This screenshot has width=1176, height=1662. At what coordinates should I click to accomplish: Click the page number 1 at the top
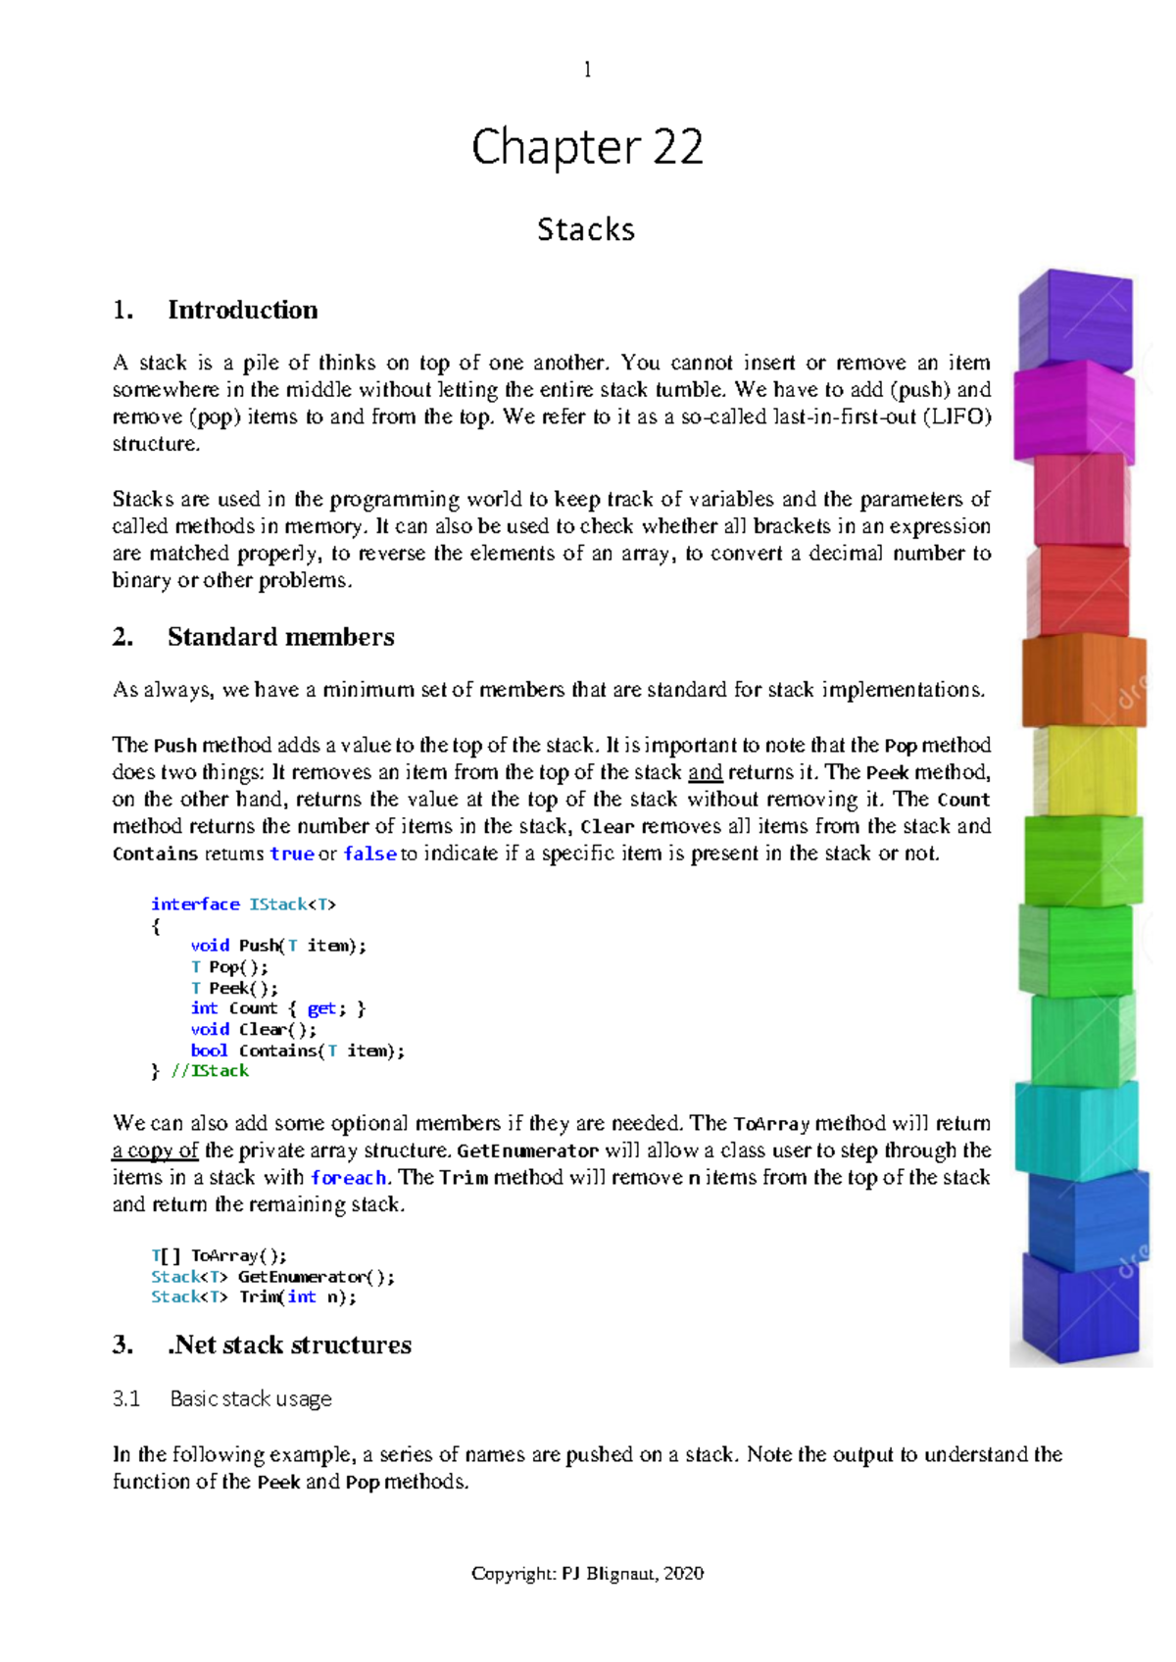pos(587,70)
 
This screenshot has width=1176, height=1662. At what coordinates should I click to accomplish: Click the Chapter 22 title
pos(587,148)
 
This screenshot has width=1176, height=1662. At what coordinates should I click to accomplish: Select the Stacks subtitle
pos(586,229)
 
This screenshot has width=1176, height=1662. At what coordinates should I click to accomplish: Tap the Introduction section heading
pos(242,310)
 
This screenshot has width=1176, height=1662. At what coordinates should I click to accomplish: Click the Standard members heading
pos(280,637)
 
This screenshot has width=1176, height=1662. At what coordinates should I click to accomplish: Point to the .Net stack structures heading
pos(289,1344)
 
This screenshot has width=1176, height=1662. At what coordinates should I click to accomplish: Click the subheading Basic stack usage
pos(250,1398)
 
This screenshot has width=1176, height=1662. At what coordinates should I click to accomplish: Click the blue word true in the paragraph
pos(291,854)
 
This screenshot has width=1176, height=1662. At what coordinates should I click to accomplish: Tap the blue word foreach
pos(348,1178)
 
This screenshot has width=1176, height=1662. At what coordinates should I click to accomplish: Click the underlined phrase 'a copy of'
pos(155,1150)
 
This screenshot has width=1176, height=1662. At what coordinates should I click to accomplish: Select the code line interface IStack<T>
pos(243,904)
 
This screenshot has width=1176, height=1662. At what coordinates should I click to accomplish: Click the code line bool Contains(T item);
pos(297,1051)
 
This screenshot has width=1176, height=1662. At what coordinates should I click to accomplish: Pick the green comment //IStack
pos(210,1071)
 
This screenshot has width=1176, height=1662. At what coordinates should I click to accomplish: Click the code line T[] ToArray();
pos(219,1255)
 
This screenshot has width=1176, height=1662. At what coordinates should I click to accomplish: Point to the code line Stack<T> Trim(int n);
pos(254,1296)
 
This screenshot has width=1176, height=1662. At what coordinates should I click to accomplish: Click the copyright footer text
pos(587,1574)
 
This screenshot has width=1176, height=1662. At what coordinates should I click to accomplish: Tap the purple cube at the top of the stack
pos(1075,320)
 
